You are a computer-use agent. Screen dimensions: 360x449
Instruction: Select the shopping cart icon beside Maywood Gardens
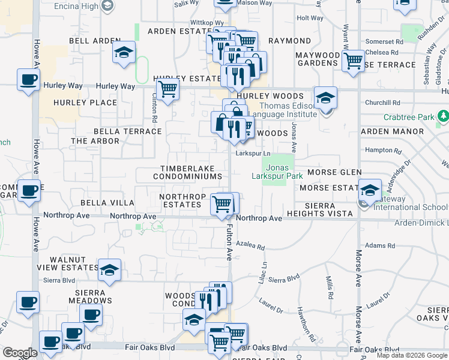pyautogui.click(x=353, y=60)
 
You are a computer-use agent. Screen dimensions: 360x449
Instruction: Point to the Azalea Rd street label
pyautogui.click(x=250, y=246)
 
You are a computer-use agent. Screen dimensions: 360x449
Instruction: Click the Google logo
pyautogui.click(x=20, y=353)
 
